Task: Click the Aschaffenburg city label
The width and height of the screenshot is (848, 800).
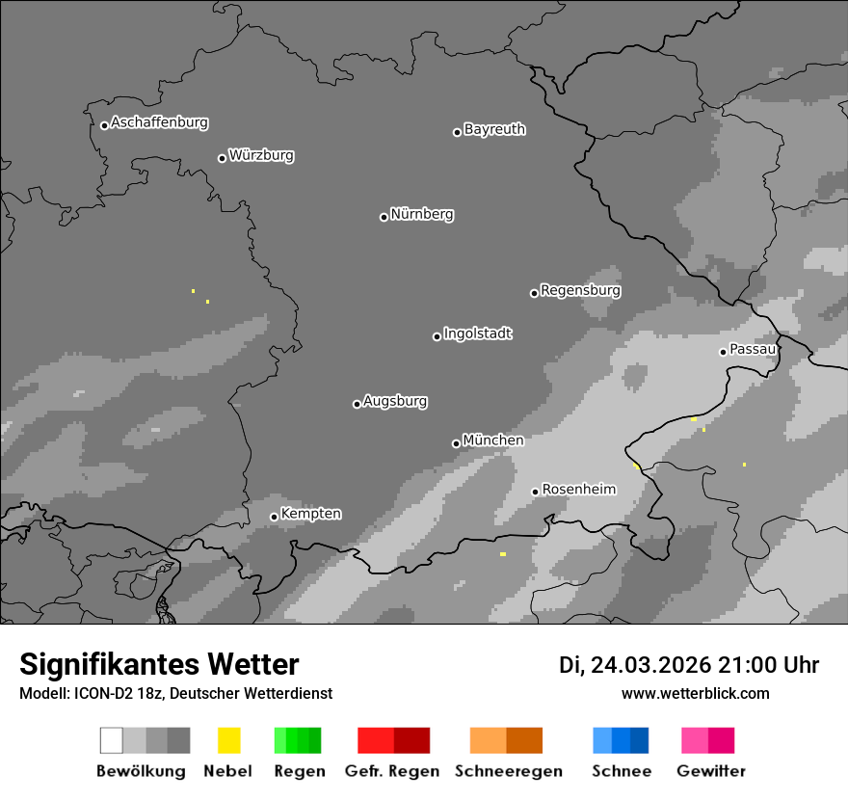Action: click(159, 122)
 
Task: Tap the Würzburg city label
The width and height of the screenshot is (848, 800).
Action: click(261, 155)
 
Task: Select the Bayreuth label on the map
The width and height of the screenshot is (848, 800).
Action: click(494, 129)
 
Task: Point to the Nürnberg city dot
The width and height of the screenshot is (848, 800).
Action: click(384, 217)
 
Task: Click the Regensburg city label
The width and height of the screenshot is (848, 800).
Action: click(580, 290)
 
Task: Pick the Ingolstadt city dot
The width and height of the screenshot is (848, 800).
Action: click(437, 336)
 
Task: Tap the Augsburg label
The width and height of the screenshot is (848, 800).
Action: click(395, 401)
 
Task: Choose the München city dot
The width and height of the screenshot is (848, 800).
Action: click(456, 443)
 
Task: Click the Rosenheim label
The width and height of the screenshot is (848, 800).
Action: click(578, 490)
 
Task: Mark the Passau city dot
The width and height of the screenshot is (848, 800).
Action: click(723, 352)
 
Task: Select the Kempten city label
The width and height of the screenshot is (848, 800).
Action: click(310, 514)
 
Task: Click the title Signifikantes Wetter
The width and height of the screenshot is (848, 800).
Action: click(159, 664)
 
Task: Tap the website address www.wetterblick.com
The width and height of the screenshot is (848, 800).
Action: click(695, 693)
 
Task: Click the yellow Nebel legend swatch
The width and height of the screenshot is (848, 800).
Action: click(228, 740)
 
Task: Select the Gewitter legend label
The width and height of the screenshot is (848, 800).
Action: click(711, 771)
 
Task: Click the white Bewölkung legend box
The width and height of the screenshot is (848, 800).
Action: click(111, 740)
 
